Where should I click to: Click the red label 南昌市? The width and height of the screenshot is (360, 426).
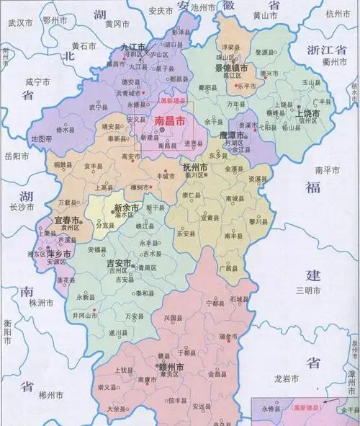click(170, 122)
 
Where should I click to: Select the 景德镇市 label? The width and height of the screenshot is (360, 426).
click(231, 68)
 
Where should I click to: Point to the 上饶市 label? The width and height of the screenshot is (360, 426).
click(309, 113)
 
